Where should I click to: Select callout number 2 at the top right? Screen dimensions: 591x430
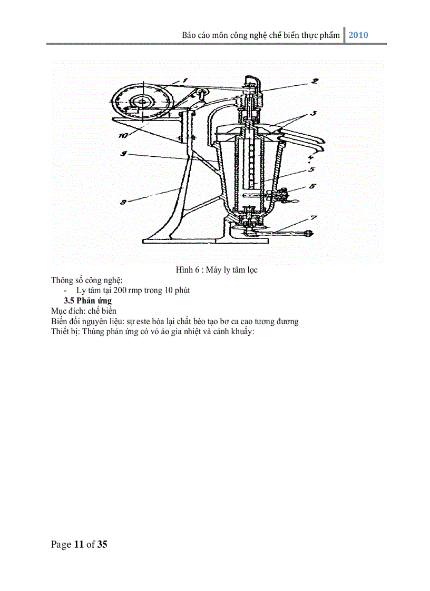tap(314, 81)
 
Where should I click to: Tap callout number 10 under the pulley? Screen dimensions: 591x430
tap(122, 135)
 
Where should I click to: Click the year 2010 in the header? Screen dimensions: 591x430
tap(358, 35)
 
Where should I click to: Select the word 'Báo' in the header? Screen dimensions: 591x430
tap(189, 35)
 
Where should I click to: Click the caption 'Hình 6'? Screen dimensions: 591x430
tap(187, 270)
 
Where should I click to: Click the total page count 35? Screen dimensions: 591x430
tap(102, 544)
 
